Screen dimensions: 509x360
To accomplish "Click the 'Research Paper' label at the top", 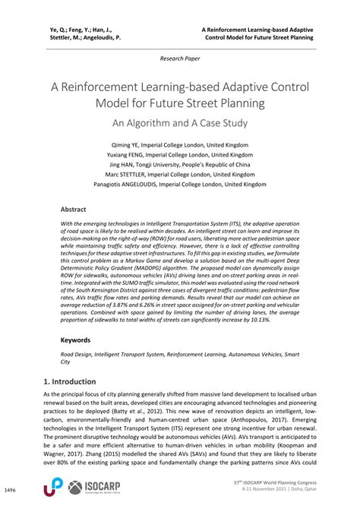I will [x=179, y=58].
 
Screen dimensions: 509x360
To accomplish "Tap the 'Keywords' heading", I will [x=78, y=340].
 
